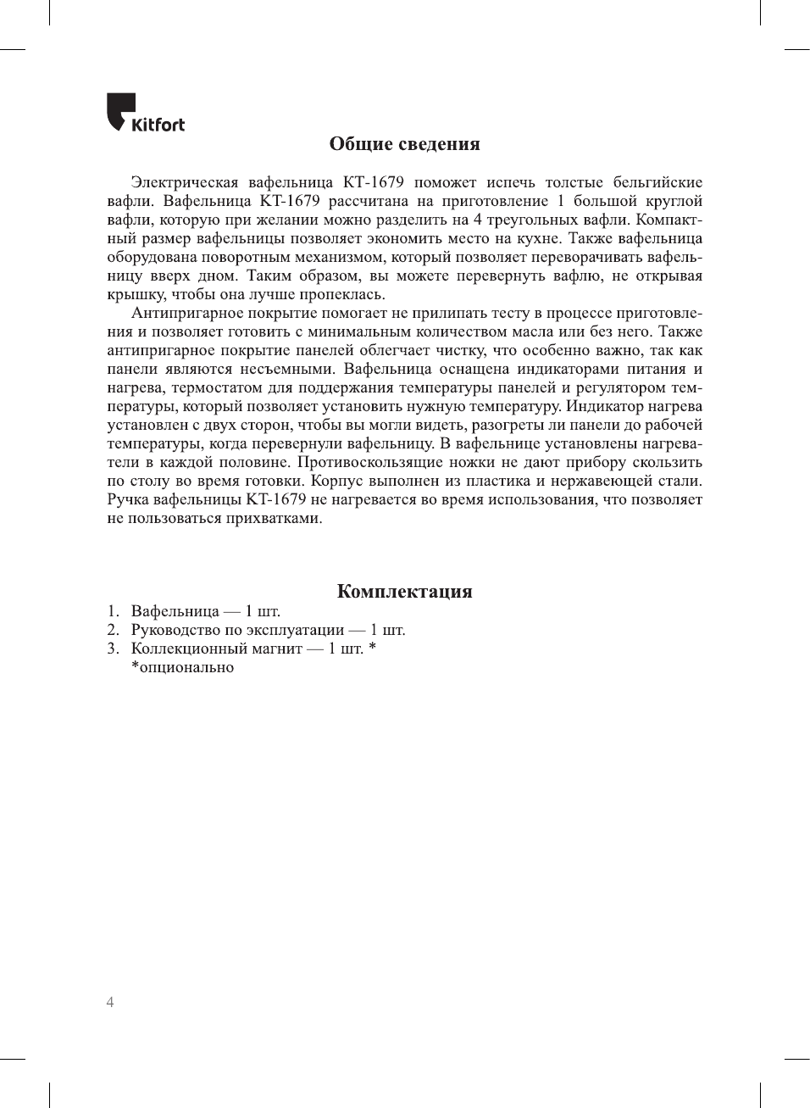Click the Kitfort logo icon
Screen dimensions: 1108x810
point(120,111)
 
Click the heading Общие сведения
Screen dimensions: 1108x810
point(404,144)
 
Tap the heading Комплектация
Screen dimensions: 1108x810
point(404,592)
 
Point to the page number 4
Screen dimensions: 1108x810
point(110,1002)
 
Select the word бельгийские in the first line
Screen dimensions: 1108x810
point(657,182)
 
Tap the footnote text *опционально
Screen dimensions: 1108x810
point(182,667)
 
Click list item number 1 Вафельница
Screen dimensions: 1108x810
point(175,611)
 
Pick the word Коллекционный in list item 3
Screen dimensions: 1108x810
point(189,649)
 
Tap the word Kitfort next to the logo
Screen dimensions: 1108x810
point(158,125)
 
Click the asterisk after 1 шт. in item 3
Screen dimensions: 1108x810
point(372,647)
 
